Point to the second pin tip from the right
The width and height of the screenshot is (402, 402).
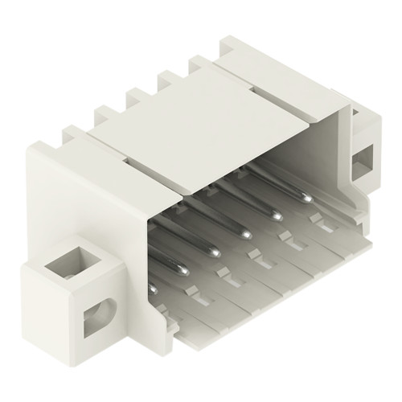point(276,215)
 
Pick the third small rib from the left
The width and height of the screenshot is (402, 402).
point(166,79)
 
